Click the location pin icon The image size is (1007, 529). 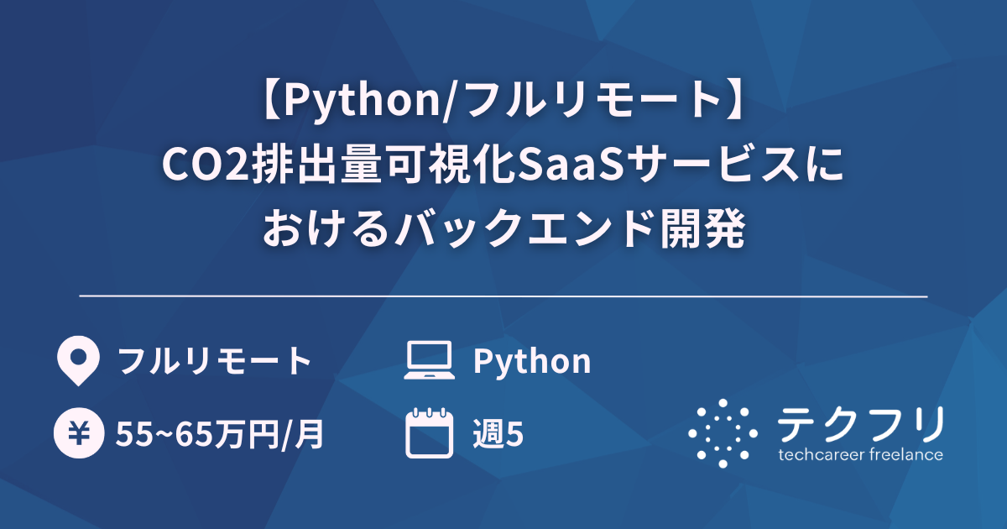pyautogui.click(x=76, y=361)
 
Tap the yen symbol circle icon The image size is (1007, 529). pyautogui.click(x=77, y=433)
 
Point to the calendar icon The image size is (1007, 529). pyautogui.click(x=429, y=433)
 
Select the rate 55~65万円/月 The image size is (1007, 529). pyautogui.click(x=220, y=434)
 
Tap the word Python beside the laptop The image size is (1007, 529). pyautogui.click(x=532, y=361)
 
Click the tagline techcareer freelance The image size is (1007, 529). pyautogui.click(x=860, y=455)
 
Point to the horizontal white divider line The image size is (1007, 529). pyautogui.click(x=503, y=296)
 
